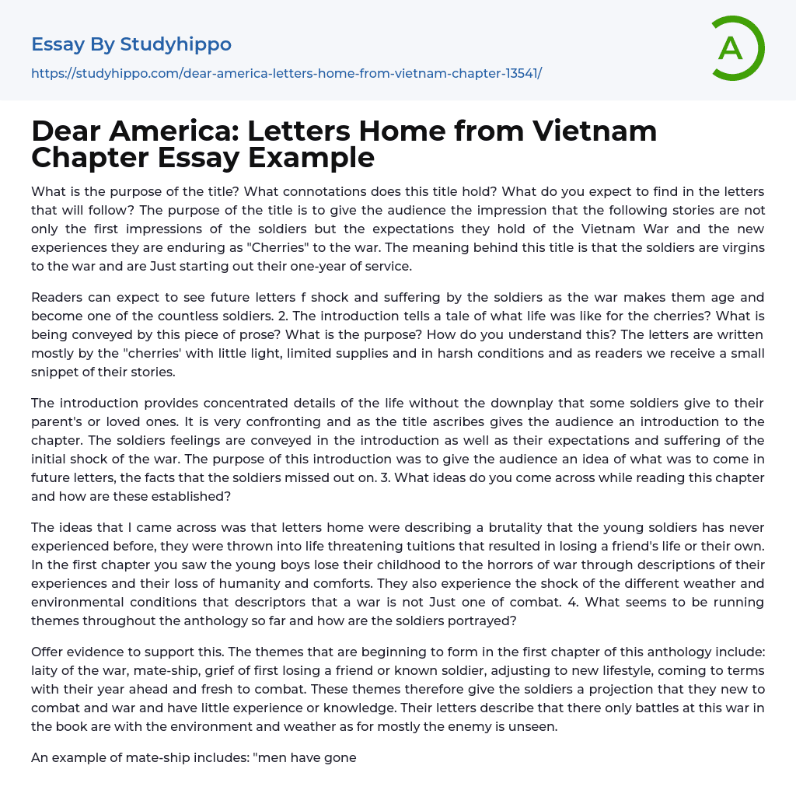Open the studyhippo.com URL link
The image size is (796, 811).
(286, 73)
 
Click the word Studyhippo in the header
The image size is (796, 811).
(176, 44)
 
